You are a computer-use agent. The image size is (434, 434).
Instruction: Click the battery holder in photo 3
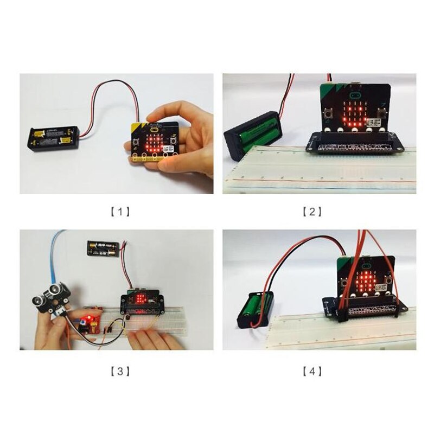click(103, 248)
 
